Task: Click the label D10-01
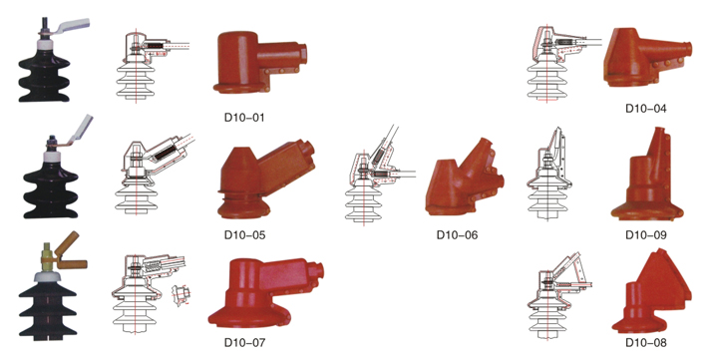(244, 117)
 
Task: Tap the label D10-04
(646, 109)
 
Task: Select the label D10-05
(244, 235)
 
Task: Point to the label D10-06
(457, 235)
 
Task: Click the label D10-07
(244, 342)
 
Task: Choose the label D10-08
(646, 342)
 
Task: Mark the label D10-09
(646, 235)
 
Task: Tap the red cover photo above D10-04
(646, 57)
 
